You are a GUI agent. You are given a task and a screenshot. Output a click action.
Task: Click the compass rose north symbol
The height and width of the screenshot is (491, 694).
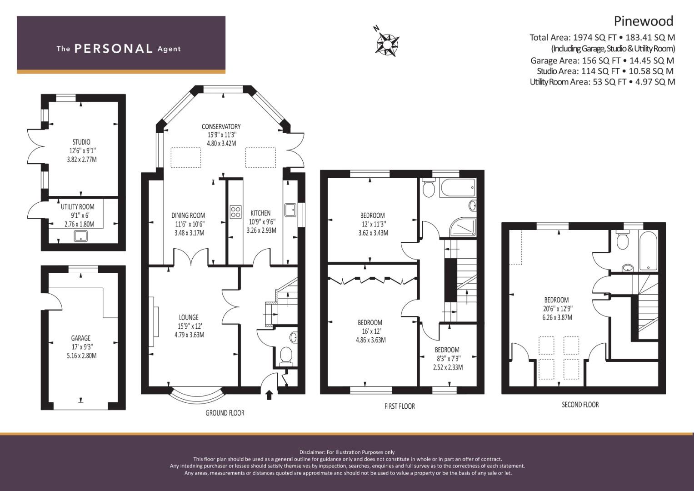pyautogui.click(x=387, y=45)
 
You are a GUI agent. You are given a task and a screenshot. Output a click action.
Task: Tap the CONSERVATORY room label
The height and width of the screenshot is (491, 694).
pyautogui.click(x=221, y=126)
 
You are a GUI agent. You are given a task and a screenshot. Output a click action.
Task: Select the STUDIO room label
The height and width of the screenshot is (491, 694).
pyautogui.click(x=81, y=142)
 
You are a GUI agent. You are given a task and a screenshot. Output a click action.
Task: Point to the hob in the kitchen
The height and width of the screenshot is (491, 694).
pyautogui.click(x=235, y=212)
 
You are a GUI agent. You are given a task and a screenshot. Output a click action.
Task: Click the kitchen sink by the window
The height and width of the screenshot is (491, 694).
pyautogui.click(x=290, y=210)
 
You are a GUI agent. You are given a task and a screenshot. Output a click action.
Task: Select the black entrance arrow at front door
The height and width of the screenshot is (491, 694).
pyautogui.click(x=269, y=395)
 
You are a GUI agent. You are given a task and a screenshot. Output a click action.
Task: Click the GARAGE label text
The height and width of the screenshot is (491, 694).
pyautogui.click(x=81, y=338)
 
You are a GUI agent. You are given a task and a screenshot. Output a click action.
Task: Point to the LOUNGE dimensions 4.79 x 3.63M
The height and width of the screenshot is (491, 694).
pyautogui.click(x=190, y=335)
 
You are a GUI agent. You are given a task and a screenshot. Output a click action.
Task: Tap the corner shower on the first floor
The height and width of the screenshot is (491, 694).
pyautogui.click(x=463, y=227)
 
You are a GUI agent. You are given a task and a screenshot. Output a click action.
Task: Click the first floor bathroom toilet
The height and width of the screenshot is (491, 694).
pyautogui.click(x=429, y=188)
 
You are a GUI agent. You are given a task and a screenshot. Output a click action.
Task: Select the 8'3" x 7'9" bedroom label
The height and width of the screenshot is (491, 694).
pyautogui.click(x=448, y=359)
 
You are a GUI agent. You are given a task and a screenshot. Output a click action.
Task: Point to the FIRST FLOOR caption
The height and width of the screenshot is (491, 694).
pyautogui.click(x=399, y=406)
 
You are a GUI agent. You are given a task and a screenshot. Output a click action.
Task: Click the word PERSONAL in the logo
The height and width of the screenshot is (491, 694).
pyautogui.click(x=114, y=49)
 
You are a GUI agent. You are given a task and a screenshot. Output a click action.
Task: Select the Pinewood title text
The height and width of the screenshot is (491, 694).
pyautogui.click(x=644, y=21)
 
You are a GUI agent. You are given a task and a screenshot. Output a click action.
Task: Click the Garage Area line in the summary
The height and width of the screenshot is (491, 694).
pyautogui.click(x=602, y=60)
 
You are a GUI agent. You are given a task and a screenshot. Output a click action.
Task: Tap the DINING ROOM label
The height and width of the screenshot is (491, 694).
pyautogui.click(x=188, y=215)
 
